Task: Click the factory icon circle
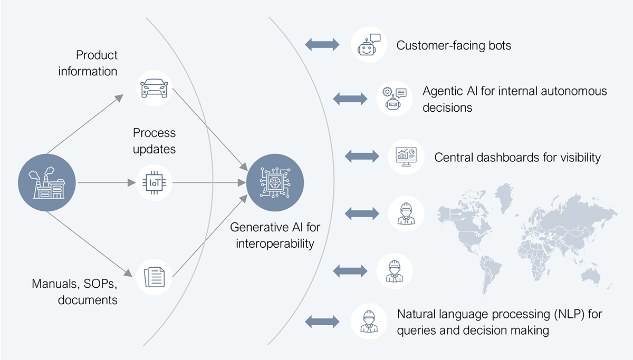[x=47, y=182]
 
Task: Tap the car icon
[x=154, y=88]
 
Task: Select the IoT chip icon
[x=154, y=183]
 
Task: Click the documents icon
[x=154, y=276]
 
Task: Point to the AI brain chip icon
[x=274, y=182]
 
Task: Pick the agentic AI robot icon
[x=395, y=98]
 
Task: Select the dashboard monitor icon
[x=406, y=156]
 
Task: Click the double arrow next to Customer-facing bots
[x=322, y=45]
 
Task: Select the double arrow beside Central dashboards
[x=362, y=156]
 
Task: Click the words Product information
[x=88, y=63]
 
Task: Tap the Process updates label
[x=154, y=141]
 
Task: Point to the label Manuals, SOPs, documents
[x=74, y=292]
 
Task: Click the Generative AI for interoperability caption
[x=275, y=236]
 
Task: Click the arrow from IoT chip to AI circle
[x=211, y=183]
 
